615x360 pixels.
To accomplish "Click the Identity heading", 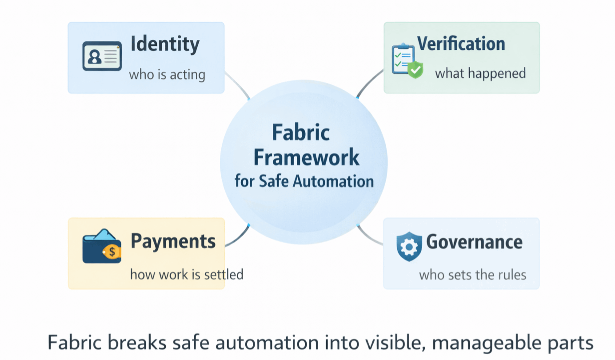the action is (x=165, y=44).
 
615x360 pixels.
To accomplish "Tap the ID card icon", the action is (x=102, y=56).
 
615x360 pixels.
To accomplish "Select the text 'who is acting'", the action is (x=167, y=74).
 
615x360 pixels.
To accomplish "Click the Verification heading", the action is (x=461, y=44).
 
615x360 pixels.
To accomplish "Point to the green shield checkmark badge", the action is (x=415, y=70).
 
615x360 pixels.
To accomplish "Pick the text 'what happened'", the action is (x=480, y=73).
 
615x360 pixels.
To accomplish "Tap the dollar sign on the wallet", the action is (x=112, y=252).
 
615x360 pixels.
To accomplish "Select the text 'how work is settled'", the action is (x=187, y=274).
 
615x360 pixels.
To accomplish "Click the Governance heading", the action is (x=474, y=242).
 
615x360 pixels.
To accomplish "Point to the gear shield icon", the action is (x=409, y=246).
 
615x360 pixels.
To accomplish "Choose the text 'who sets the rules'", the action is (x=472, y=275).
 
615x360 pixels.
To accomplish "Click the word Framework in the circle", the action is (x=306, y=157).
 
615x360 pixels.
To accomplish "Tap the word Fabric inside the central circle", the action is (x=301, y=132).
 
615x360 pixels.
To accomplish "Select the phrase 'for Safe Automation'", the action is (x=304, y=181).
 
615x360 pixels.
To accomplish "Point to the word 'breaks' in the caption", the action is (x=137, y=342).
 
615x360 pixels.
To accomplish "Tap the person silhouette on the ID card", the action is (x=95, y=56).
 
